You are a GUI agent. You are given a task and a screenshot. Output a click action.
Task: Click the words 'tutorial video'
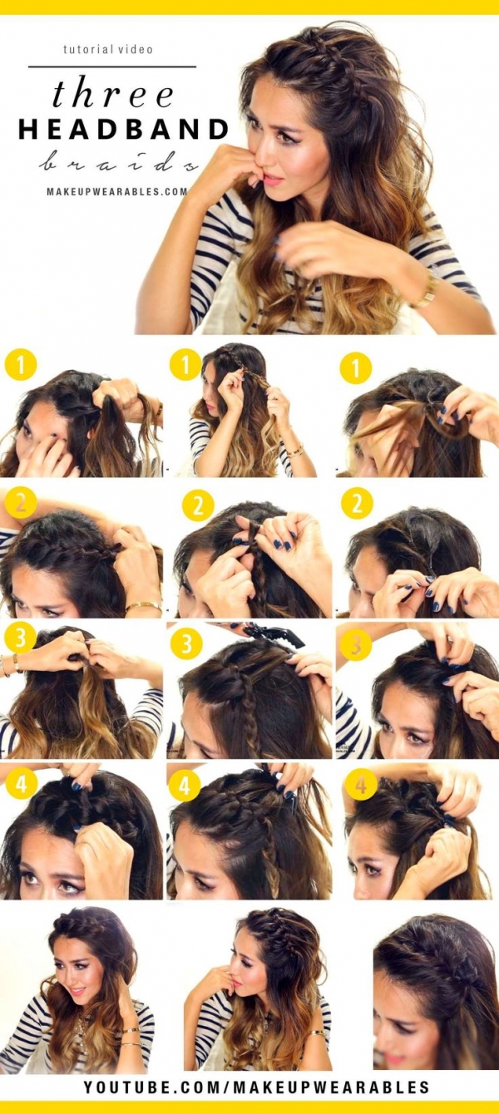(x=108, y=50)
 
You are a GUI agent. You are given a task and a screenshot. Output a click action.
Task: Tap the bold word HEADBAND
(x=123, y=130)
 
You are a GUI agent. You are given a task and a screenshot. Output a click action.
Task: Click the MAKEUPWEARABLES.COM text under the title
(x=117, y=191)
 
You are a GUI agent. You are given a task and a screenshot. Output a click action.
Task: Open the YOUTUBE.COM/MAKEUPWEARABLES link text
(x=256, y=1087)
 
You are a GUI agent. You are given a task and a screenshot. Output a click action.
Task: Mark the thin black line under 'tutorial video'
(x=112, y=67)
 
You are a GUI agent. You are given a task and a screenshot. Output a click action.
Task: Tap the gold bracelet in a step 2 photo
(x=143, y=607)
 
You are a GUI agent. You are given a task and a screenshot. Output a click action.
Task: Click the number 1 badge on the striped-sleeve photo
(x=186, y=365)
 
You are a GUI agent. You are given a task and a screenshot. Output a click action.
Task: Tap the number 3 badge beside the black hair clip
(x=186, y=643)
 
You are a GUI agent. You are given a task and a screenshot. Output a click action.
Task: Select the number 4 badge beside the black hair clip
(x=184, y=785)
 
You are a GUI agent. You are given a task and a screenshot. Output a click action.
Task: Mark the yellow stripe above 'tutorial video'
(x=249, y=7)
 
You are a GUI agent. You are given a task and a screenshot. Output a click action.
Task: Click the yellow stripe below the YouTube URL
(x=249, y=1107)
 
